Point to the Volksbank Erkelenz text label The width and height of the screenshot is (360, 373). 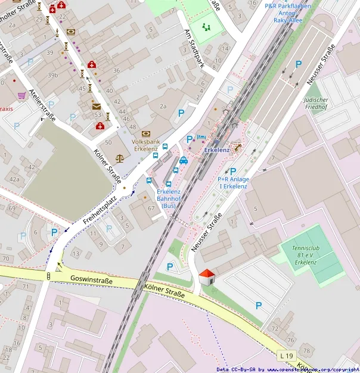tap(145, 145)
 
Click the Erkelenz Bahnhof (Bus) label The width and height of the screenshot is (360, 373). tap(169, 198)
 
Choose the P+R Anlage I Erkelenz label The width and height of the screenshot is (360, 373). tap(232, 182)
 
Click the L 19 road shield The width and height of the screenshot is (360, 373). tap(287, 356)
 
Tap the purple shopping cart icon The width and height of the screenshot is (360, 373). tap(22, 95)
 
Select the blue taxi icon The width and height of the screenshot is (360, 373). tap(184, 160)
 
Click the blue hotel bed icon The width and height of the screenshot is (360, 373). tap(201, 137)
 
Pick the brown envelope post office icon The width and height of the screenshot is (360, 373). tap(97, 106)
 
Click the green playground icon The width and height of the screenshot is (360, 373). tap(207, 27)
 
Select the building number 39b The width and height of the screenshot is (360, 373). tap(53, 75)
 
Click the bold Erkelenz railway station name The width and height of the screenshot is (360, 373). tap(216, 150)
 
